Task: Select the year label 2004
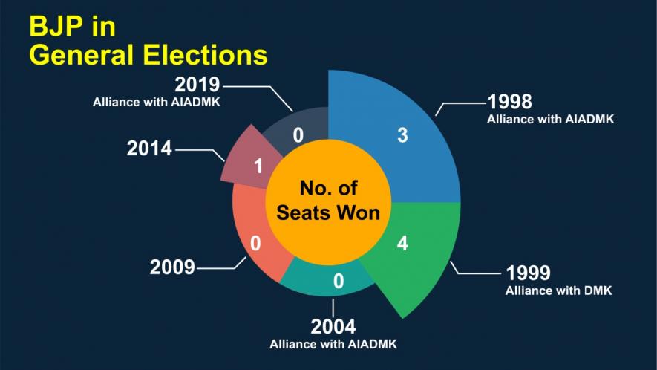coord(333,326)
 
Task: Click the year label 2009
coord(172,267)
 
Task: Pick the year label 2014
coord(149,148)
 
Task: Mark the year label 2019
coord(197,84)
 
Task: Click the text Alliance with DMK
coord(558,291)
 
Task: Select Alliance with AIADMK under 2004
coord(333,344)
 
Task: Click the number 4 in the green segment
coord(402,244)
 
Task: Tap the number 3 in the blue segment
coord(402,136)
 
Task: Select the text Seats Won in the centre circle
coord(328,212)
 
